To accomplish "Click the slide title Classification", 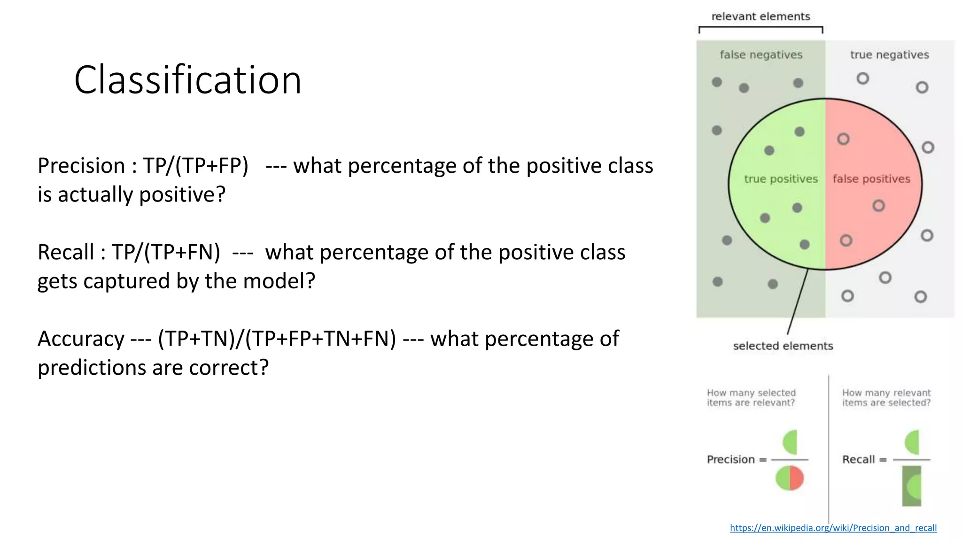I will [187, 80].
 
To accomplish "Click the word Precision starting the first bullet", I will [81, 166].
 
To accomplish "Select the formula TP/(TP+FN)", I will [166, 252].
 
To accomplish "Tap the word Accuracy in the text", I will [81, 339].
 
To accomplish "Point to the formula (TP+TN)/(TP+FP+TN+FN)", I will [277, 339].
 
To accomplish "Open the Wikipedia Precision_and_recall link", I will [833, 528].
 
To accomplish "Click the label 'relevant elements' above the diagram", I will [760, 16].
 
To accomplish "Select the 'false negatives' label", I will [761, 54].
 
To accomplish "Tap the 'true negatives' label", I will [889, 54].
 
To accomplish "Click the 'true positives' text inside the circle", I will [781, 179].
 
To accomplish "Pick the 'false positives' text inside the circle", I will [871, 179].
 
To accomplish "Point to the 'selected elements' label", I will [783, 346].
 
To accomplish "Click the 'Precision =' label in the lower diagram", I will [736, 459].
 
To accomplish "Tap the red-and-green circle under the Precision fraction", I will [790, 478].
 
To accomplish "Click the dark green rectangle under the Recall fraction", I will [911, 487].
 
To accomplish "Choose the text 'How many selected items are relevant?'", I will [751, 398].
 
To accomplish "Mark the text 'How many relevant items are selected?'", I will [886, 398].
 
